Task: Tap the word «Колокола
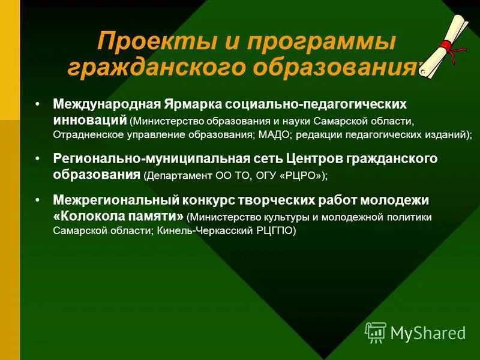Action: click(85, 215)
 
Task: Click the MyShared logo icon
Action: click(376, 332)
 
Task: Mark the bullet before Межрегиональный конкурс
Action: click(37, 199)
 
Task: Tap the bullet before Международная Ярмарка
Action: click(37, 103)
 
